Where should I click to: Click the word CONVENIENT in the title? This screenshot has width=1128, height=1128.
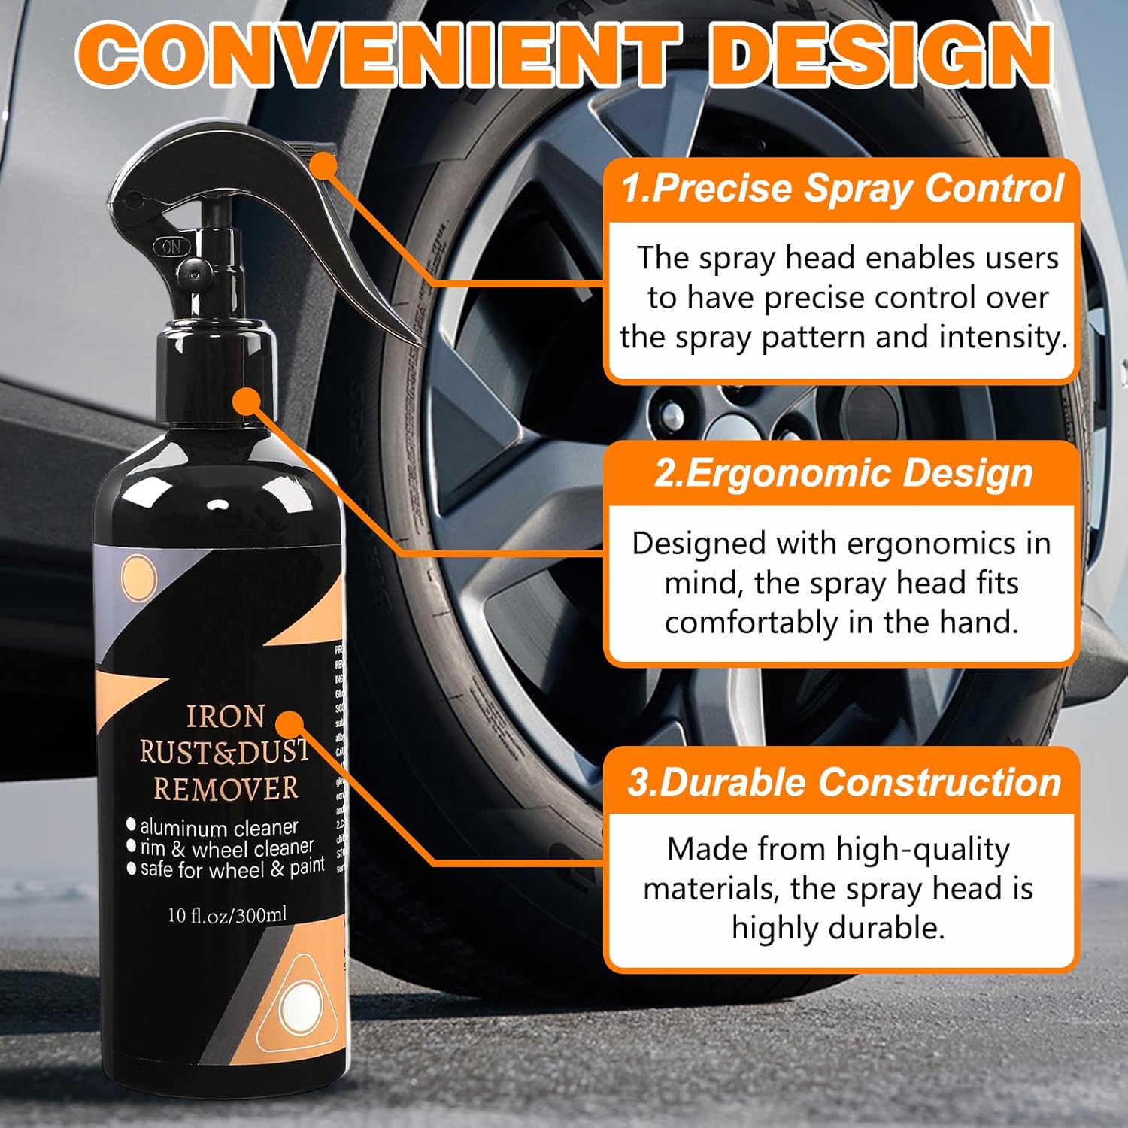pos(376,56)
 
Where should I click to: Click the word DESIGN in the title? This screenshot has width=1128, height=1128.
pos(880,56)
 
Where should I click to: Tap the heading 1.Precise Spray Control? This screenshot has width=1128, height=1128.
pos(842,188)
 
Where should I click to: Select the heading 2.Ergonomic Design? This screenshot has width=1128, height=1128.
pos(842,474)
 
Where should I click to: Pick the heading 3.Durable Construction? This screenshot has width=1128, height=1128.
pos(842,782)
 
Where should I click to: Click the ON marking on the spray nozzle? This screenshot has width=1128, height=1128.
pos(171,246)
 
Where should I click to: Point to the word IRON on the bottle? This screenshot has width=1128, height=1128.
pos(225,717)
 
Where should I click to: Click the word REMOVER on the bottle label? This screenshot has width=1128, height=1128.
pos(226,789)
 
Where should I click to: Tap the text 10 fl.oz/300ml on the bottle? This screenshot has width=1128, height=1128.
pos(227,915)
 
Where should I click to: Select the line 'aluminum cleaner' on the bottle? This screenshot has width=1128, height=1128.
pos(218,828)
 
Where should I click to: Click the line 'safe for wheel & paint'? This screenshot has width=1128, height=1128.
pos(232,869)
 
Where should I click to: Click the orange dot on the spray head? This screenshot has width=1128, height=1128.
pos(324,166)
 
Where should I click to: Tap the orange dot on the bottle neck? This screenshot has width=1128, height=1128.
pos(246,402)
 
